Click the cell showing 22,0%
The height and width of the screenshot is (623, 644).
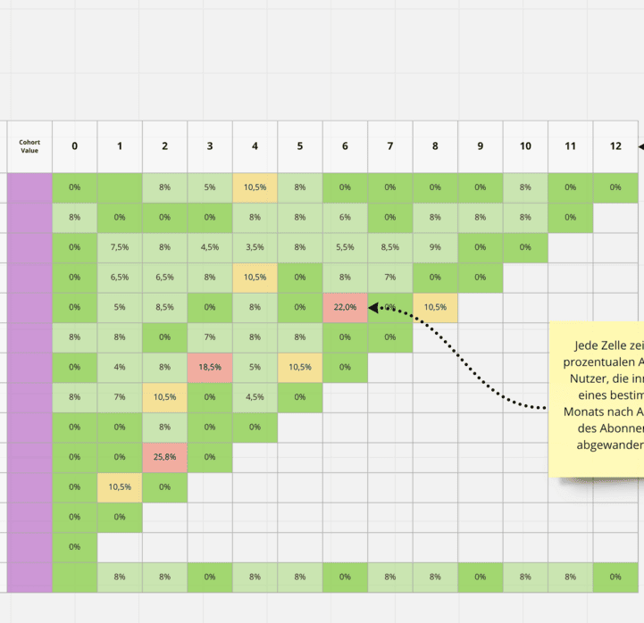[345, 307]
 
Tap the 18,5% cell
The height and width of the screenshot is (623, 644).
[210, 367]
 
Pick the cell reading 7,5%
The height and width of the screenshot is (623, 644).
[120, 247]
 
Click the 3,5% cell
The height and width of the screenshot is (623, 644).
[255, 247]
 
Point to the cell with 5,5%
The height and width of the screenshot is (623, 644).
[345, 247]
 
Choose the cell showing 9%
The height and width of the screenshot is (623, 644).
[435, 247]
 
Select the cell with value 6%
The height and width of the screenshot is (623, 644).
[345, 217]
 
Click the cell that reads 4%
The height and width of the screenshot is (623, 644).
[120, 367]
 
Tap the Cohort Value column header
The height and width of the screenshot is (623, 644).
[30, 145]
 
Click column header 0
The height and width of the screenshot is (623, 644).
[74, 145]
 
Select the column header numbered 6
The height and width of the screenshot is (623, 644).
[345, 145]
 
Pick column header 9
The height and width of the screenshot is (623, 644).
[480, 145]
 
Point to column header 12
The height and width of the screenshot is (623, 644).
[615, 145]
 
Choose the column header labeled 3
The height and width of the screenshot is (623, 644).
[210, 145]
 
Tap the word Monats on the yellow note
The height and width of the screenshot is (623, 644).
[585, 413]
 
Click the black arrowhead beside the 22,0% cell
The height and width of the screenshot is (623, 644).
[374, 307]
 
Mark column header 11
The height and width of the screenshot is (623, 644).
[570, 145]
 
